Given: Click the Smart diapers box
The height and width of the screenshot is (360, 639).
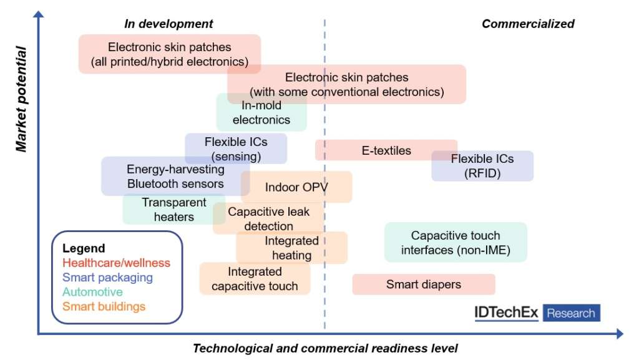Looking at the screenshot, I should point(423,285).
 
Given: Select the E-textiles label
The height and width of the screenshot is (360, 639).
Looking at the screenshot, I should point(386,150).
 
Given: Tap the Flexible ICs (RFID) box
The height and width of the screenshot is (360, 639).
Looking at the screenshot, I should point(482,166).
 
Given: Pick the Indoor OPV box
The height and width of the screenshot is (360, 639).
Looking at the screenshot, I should point(296,187).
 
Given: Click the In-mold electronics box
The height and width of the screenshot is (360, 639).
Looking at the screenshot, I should point(261,112).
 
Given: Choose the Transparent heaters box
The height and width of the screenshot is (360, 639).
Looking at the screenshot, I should point(165,210).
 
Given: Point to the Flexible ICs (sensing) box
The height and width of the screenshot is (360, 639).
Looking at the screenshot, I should point(236,148).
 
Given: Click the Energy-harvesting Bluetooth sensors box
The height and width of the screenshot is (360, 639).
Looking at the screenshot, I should point(175,176).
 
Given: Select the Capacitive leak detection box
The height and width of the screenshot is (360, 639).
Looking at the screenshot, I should point(268,218).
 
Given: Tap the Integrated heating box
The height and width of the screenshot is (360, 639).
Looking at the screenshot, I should point(291,248).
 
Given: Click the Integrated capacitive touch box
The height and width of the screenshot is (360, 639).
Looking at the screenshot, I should point(255,279).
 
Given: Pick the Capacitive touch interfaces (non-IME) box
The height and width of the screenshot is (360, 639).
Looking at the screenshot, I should point(456,243).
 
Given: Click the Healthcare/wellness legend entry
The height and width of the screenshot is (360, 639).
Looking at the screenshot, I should point(116,263).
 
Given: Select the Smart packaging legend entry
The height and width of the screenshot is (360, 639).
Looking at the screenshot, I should point(107,277).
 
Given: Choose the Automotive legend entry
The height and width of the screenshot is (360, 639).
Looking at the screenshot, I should point(92,291).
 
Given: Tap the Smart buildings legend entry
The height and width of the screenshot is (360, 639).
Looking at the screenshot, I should point(104,306).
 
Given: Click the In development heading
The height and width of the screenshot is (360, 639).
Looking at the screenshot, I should point(168,24).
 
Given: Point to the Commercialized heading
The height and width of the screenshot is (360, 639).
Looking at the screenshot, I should point(528,24).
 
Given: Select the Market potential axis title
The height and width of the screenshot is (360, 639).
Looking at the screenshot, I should point(22,98).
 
